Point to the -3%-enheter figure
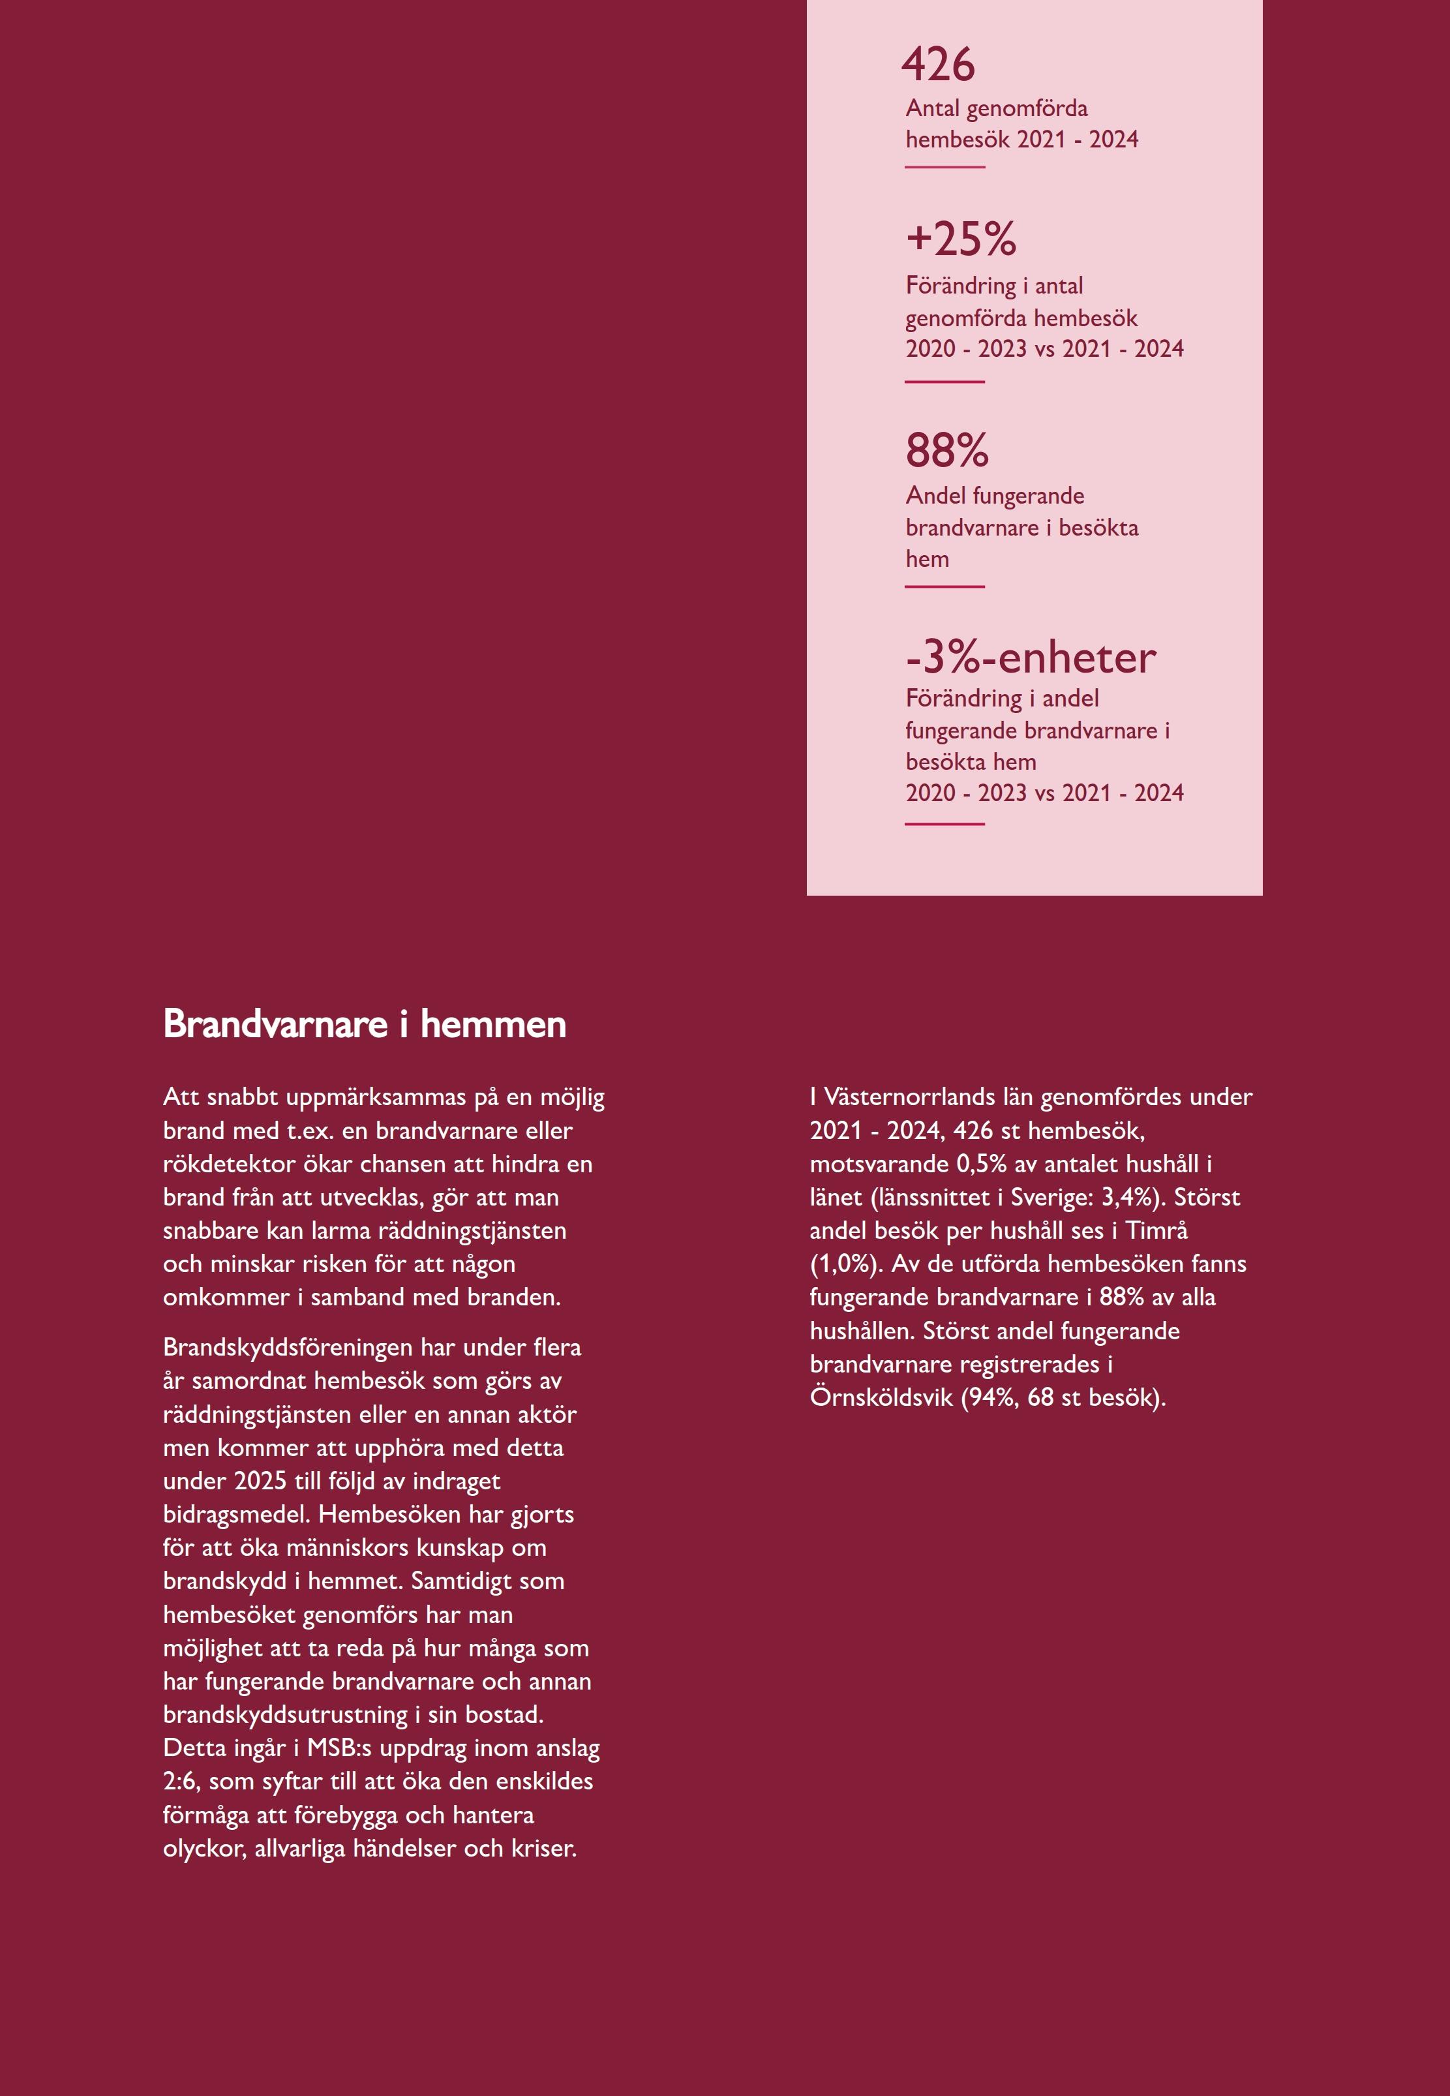pos(1031,657)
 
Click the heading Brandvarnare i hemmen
pos(365,1024)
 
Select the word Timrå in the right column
pos(1156,1230)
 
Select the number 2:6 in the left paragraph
pos(181,1781)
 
